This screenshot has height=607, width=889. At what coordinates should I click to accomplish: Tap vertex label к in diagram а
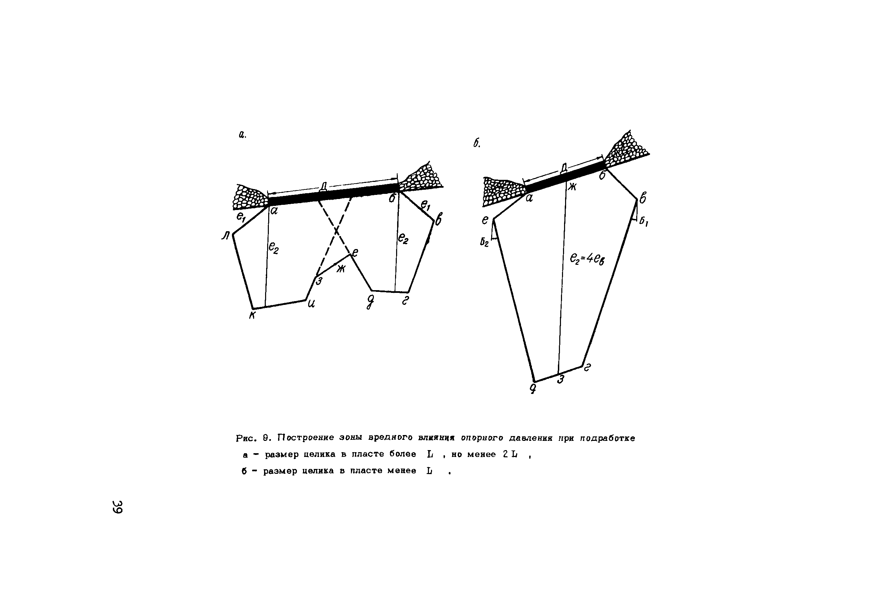[252, 315]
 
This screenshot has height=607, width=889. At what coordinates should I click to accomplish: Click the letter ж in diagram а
[341, 269]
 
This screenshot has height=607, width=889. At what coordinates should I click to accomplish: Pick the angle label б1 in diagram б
[643, 222]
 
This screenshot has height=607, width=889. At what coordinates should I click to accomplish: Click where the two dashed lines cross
[336, 231]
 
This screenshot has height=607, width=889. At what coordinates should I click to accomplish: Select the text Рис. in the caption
[246, 438]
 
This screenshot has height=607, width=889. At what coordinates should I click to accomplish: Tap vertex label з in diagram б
[561, 380]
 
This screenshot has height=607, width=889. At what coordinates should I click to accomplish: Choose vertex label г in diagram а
[405, 301]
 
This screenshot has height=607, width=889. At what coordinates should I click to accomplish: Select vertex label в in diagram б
[643, 198]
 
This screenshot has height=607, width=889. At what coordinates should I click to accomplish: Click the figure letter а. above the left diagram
[242, 135]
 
